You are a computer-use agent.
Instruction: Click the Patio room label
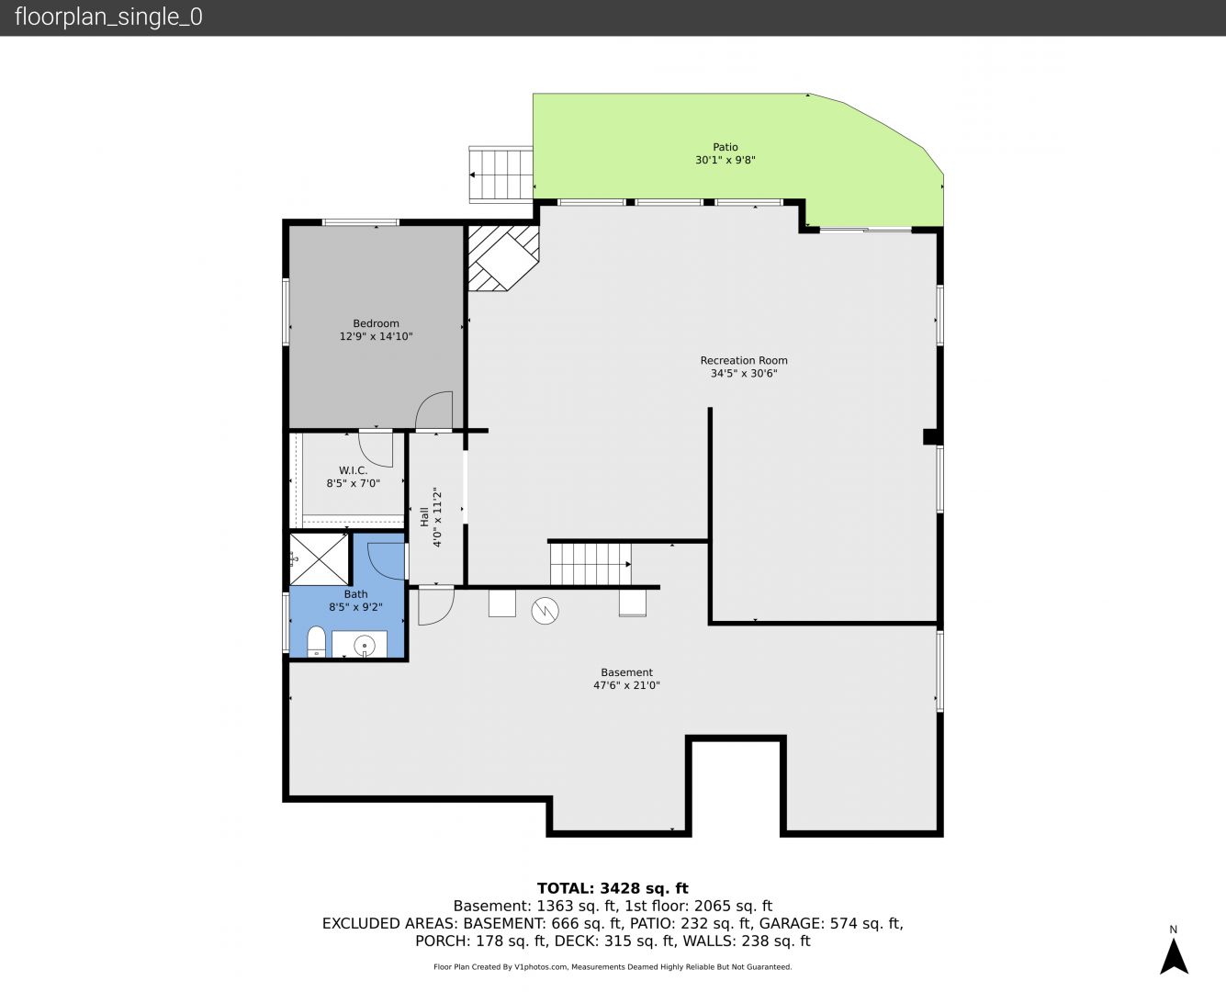pos(725,147)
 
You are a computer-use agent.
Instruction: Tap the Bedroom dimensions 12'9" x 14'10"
pos(376,336)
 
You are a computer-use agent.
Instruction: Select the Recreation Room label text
pos(744,360)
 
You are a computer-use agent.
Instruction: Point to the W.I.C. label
pos(353,470)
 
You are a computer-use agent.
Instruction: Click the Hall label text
pos(424,516)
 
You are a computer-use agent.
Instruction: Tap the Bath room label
pos(355,594)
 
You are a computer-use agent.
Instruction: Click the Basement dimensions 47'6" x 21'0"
pos(626,685)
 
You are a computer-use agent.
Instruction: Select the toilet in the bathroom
pos(316,641)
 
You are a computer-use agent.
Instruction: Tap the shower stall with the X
pos(319,559)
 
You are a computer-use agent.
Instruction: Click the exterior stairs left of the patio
pos(501,175)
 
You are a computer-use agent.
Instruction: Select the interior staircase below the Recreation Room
pos(591,564)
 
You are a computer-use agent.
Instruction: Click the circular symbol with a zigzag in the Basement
pos(546,611)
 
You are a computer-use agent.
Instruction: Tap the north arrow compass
pos(1174,956)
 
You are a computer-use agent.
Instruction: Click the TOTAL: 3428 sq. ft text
pos(613,888)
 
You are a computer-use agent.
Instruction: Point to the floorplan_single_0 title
pos(108,17)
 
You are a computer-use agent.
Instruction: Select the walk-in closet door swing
pos(376,449)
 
